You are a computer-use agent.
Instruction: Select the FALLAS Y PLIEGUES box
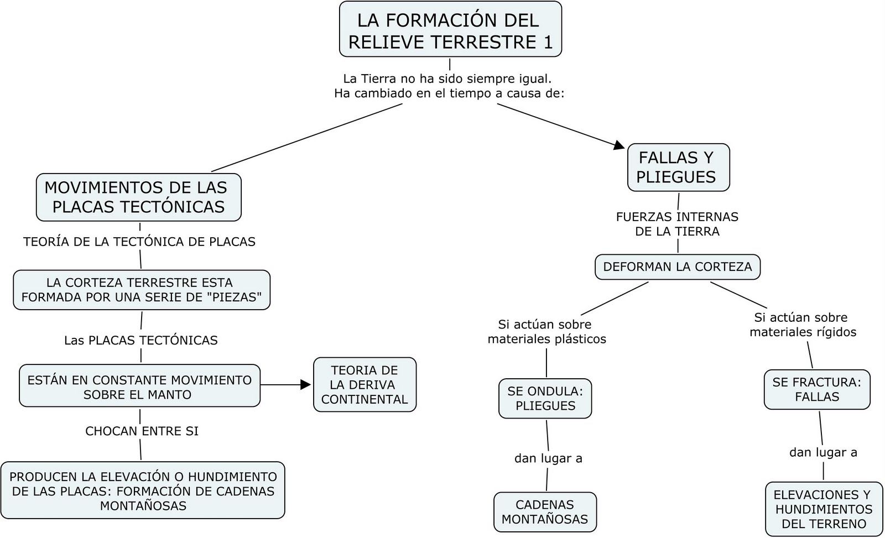678,168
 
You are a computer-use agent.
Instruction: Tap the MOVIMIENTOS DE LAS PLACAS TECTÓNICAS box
138,197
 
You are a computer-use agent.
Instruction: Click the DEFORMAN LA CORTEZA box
678,267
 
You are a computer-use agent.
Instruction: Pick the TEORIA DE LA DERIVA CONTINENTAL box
365,385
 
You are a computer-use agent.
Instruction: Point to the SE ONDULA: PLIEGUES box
545,399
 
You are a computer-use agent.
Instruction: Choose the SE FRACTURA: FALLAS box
817,390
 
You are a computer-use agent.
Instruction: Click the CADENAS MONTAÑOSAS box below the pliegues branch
545,512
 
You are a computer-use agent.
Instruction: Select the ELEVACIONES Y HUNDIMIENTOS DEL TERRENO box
824,509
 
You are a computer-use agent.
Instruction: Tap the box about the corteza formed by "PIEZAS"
142,290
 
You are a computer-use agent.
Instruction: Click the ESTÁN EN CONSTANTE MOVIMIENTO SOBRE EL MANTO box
139,386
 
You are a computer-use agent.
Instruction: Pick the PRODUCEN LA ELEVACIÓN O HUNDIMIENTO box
143,490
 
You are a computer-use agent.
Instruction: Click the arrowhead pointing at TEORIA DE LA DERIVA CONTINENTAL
306,385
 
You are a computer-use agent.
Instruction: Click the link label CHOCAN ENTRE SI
142,431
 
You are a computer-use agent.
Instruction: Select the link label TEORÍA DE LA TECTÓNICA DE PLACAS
139,242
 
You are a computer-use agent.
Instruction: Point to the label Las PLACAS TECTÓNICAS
141,341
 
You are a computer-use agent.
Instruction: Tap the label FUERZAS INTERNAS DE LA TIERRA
678,224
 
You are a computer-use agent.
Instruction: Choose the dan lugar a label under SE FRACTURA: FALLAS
823,452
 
